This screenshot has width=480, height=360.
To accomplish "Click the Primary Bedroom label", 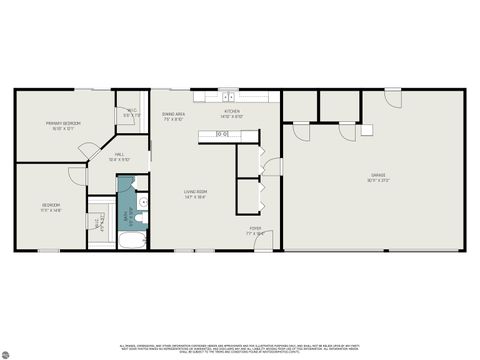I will pyautogui.click(x=62, y=125).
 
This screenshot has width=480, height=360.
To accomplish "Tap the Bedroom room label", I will pyautogui.click(x=52, y=208).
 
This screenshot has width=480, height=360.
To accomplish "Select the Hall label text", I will pyautogui.click(x=119, y=157).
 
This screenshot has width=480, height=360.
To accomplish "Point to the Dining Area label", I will pyautogui.click(x=174, y=117).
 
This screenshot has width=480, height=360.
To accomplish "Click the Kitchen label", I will pyautogui.click(x=231, y=115).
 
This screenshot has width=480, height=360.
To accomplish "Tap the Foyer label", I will pyautogui.click(x=257, y=231).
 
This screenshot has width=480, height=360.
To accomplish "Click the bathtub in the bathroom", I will pyautogui.click(x=132, y=240).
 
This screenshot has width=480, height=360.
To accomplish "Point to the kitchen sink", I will pyautogui.click(x=229, y=96).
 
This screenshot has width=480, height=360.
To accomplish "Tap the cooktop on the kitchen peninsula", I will pyautogui.click(x=223, y=133).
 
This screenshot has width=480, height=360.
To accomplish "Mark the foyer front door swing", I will pyautogui.click(x=262, y=241).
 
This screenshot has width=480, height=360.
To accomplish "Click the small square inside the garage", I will pyautogui.click(x=367, y=130).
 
